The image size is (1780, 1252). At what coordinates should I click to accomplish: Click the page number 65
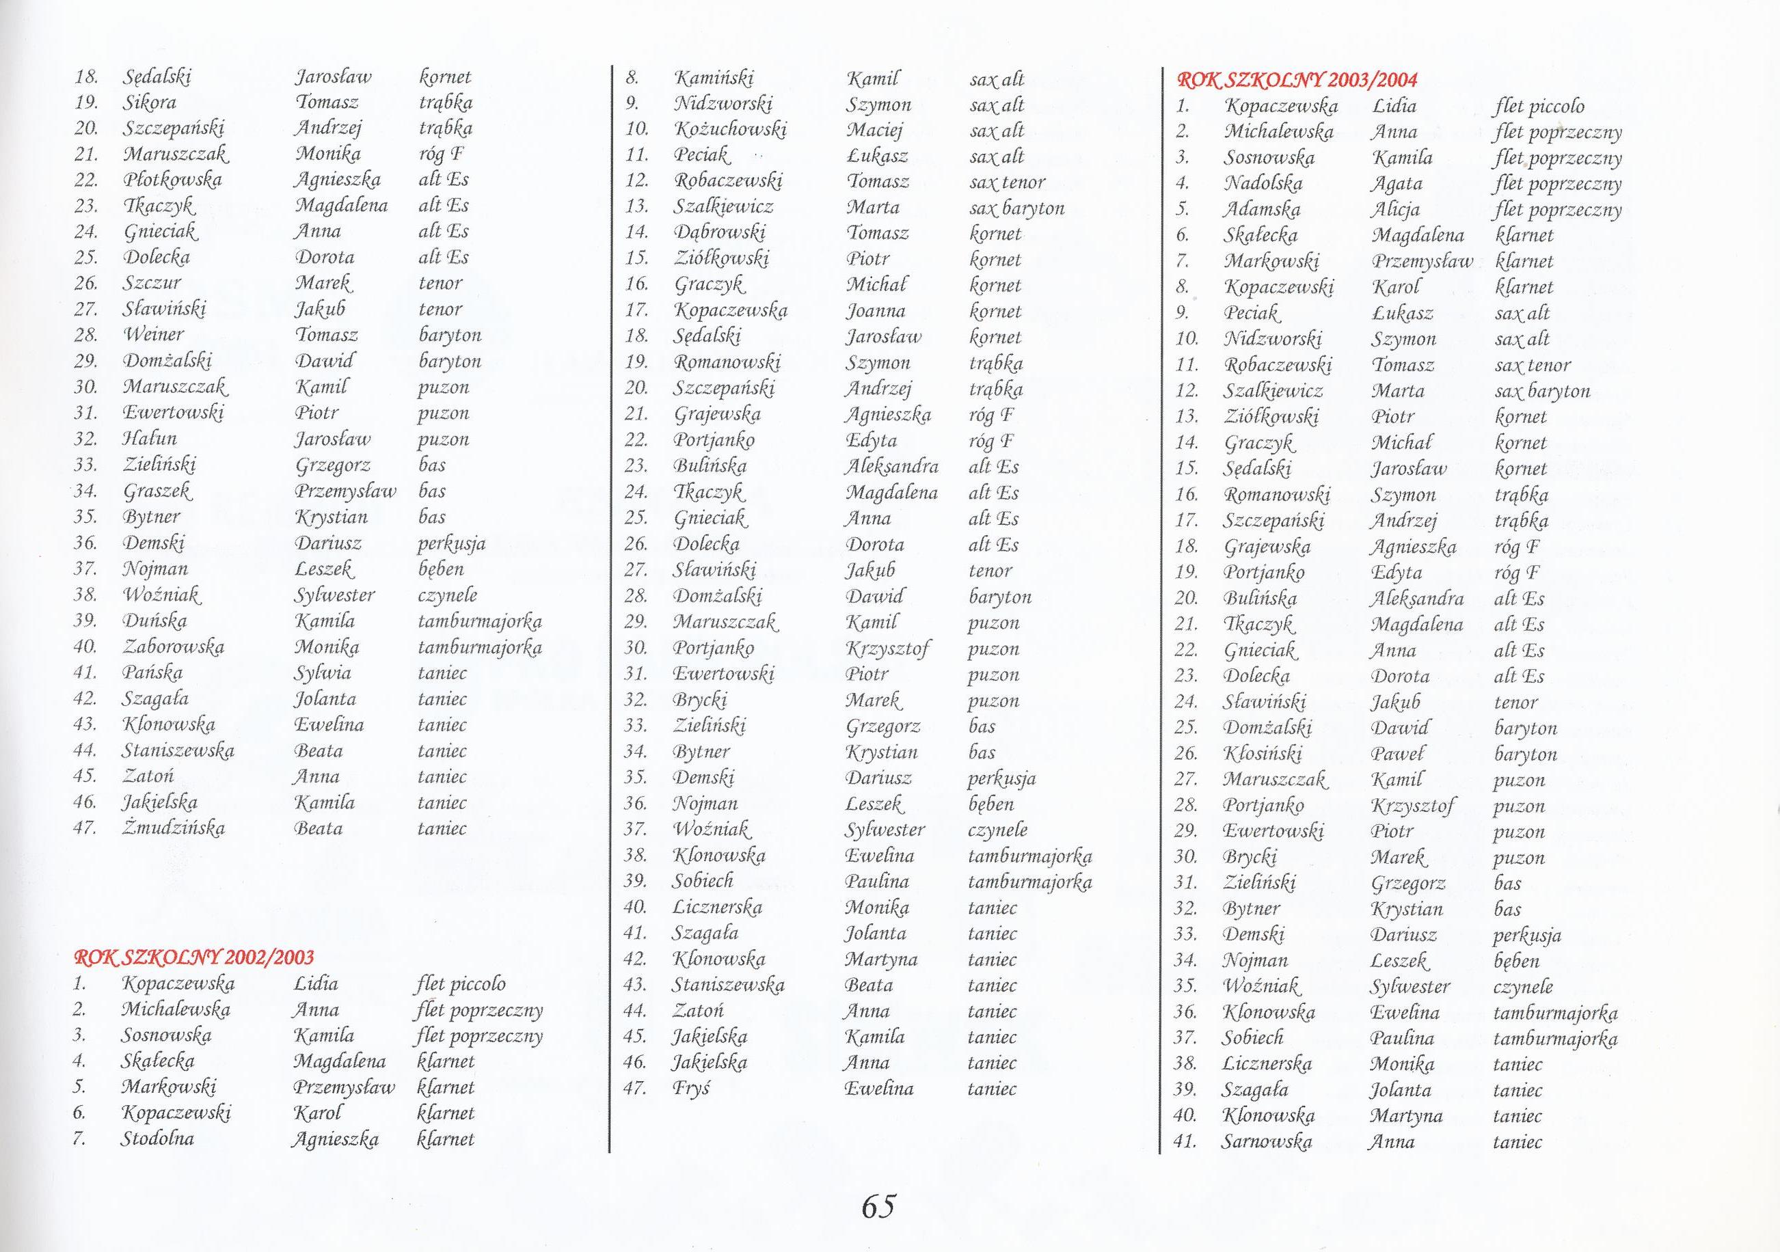point(878,1206)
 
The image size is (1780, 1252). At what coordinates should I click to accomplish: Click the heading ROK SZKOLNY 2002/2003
point(194,957)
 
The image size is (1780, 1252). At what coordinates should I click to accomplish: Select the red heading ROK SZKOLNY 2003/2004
point(1296,80)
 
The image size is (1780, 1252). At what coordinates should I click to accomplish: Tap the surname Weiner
point(154,335)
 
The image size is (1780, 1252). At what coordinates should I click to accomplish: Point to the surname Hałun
point(150,439)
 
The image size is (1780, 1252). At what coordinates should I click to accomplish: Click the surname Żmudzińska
point(173,828)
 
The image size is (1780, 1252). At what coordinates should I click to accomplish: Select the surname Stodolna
point(157,1139)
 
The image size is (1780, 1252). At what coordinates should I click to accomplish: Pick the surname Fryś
point(691,1089)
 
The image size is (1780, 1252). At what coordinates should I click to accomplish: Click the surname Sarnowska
point(1267,1141)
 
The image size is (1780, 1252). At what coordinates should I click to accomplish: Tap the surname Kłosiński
point(1263,754)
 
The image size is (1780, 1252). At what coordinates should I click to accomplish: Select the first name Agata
point(1397,184)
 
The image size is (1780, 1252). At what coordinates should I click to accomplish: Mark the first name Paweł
point(1398,754)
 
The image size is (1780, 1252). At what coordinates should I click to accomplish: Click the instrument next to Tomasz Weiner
point(450,335)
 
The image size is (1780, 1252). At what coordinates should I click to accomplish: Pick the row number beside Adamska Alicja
point(1183,209)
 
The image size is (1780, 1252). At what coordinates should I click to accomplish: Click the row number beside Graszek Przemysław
point(85,491)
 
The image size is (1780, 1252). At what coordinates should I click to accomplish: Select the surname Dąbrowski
point(719,233)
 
